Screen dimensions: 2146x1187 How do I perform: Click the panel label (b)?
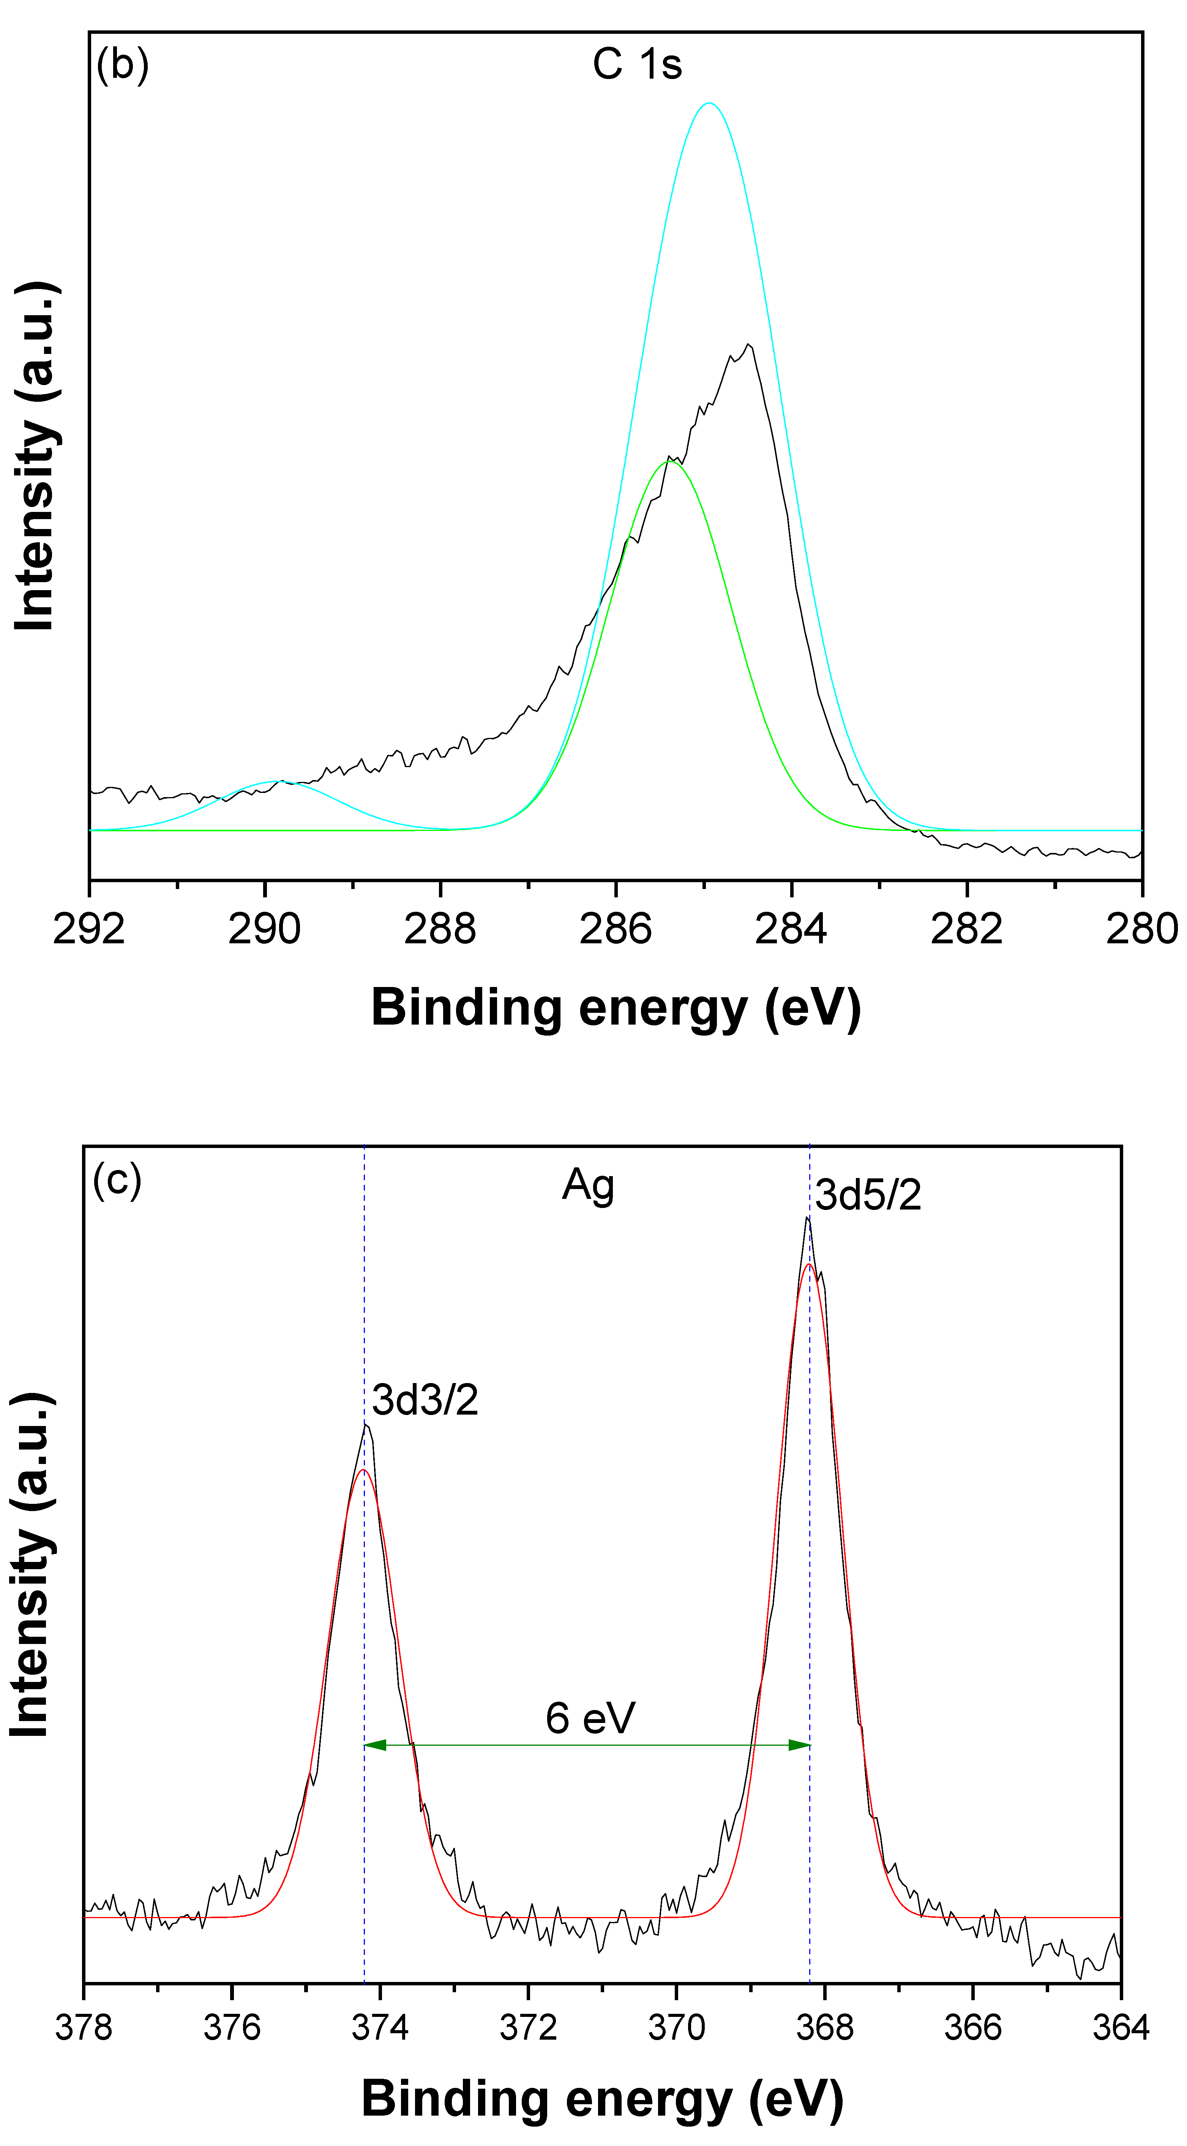coord(122,64)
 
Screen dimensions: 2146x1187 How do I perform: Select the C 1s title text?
coord(637,64)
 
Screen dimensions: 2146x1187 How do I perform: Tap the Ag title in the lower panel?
coord(588,1186)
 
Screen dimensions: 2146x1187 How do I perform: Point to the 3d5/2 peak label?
coord(868,1195)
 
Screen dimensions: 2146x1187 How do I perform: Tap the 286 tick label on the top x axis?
coord(616,929)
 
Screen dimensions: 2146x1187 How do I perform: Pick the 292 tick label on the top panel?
coord(89,929)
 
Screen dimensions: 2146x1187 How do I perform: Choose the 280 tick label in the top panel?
coord(1141,929)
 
